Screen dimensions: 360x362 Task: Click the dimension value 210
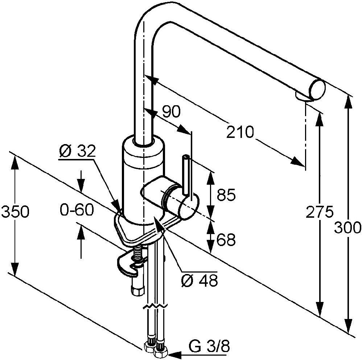tap(240, 132)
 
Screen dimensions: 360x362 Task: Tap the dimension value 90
tap(170, 112)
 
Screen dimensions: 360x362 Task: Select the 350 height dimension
tap(15, 212)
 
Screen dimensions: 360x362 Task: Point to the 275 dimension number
tap(319, 212)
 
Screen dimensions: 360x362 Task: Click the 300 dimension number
tap(348, 228)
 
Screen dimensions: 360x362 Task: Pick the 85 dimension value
tap(226, 195)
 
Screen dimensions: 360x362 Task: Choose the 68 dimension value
tap(226, 240)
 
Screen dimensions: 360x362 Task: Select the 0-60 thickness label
tap(77, 210)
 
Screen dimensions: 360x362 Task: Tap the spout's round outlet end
tap(317, 90)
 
